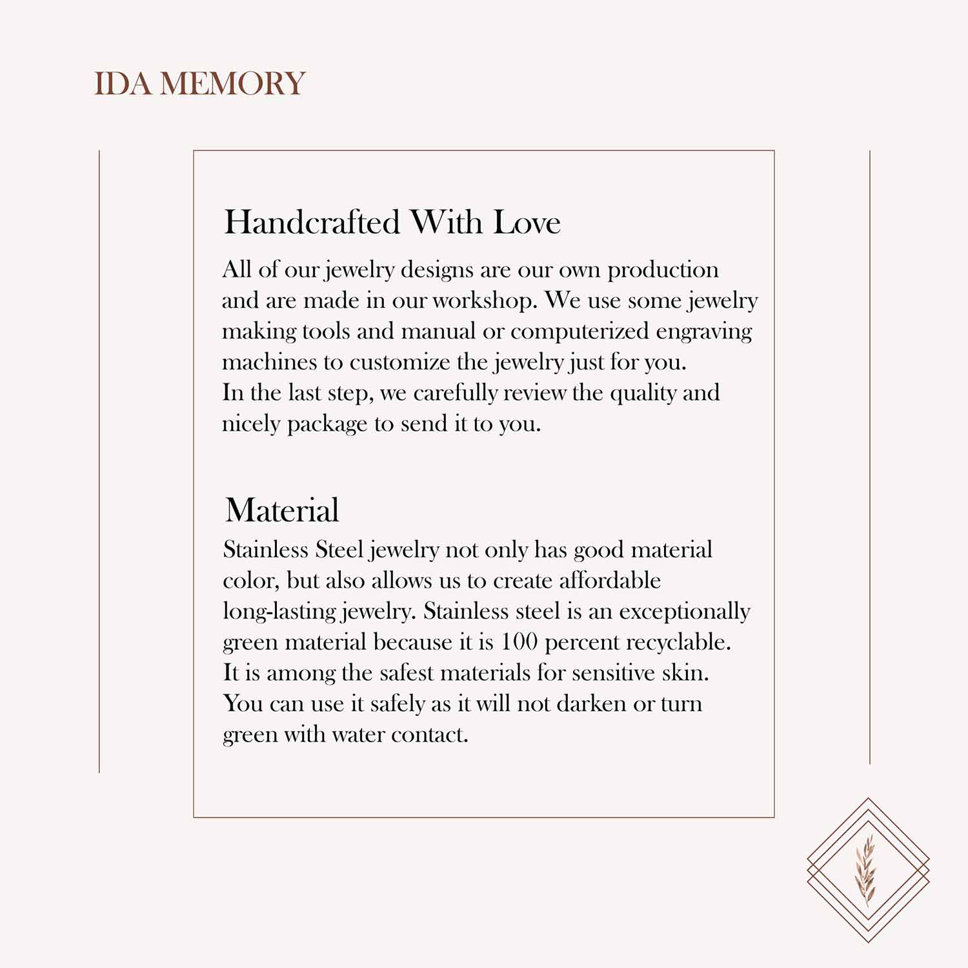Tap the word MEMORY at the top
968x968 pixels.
coord(232,84)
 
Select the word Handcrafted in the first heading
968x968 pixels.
coord(312,223)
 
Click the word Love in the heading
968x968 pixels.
coord(527,223)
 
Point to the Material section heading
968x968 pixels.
coord(282,510)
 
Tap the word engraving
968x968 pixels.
coord(704,332)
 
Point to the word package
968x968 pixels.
coord(327,425)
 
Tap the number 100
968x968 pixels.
coord(519,641)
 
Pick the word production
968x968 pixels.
coord(663,270)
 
